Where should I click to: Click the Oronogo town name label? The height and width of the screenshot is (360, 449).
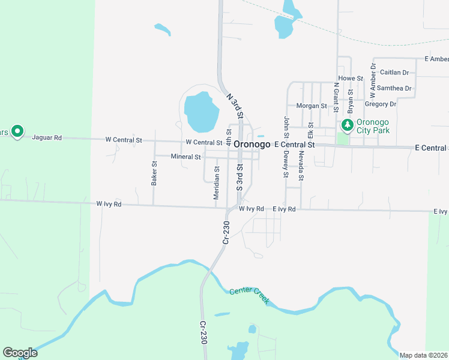tap(252, 145)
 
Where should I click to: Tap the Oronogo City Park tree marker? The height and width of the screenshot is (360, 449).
tap(347, 126)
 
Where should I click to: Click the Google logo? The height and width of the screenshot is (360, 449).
tap(20, 353)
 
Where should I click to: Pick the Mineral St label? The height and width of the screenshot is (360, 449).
tap(185, 157)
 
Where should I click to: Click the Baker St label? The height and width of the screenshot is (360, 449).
tap(154, 173)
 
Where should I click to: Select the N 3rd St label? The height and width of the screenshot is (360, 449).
tap(235, 104)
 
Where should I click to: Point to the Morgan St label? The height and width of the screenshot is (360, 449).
tap(312, 106)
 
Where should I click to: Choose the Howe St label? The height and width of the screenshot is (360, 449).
tap(351, 79)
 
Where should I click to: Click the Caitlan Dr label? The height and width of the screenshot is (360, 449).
tap(394, 73)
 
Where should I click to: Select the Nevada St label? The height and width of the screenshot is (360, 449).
tap(301, 166)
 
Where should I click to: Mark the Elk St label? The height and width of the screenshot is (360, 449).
tap(310, 129)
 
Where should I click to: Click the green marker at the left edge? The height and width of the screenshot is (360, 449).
tap(17, 131)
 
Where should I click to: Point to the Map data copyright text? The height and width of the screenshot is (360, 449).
tap(423, 355)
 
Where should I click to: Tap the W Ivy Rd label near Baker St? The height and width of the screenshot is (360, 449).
tap(109, 205)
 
